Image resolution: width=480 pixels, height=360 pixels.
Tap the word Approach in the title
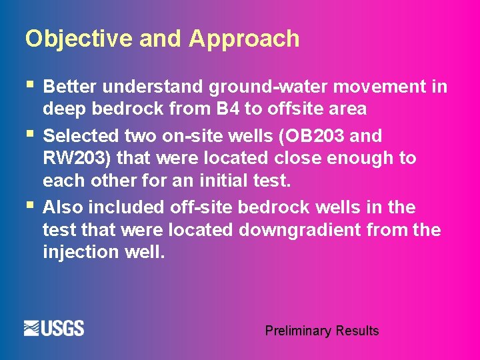[244, 39]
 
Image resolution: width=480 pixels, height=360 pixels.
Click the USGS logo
[54, 329]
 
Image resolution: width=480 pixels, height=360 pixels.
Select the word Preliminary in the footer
[298, 331]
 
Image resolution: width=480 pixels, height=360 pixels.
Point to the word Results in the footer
[357, 331]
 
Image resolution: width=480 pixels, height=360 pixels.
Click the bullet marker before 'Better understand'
[29, 85]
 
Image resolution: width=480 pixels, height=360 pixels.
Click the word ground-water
[270, 87]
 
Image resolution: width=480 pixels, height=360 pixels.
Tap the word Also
[63, 207]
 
